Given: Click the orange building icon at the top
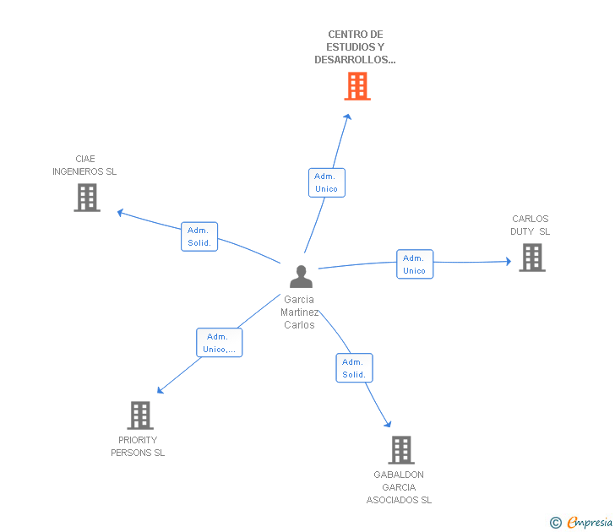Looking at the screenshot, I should click(357, 86).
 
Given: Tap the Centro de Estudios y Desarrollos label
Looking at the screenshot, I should click(355, 47).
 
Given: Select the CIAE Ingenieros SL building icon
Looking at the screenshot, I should click(87, 198).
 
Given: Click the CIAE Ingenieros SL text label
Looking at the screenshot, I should click(84, 165).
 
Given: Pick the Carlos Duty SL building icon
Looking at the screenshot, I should click(532, 258).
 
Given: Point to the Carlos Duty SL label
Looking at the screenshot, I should click(530, 225).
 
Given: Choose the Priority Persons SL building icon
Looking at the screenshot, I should click(140, 415).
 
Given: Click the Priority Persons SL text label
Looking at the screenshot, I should click(138, 447).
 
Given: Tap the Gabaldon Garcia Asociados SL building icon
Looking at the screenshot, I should click(401, 450).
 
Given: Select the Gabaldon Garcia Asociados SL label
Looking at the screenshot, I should click(399, 487).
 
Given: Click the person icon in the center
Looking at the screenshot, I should click(301, 276).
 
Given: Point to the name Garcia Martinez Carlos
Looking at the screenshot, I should click(299, 312).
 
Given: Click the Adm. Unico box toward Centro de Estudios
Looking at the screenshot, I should click(326, 182).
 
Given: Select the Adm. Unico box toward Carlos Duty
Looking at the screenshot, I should click(415, 264).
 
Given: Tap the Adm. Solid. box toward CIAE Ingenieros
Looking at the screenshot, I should click(199, 236).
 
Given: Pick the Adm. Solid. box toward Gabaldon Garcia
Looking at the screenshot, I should click(354, 368).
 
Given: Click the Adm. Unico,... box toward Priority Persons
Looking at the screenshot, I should click(220, 343).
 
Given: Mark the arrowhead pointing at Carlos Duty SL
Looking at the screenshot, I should click(507, 262).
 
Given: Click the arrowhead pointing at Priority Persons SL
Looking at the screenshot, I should click(161, 390).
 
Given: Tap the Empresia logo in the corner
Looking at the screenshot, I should click(582, 523).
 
